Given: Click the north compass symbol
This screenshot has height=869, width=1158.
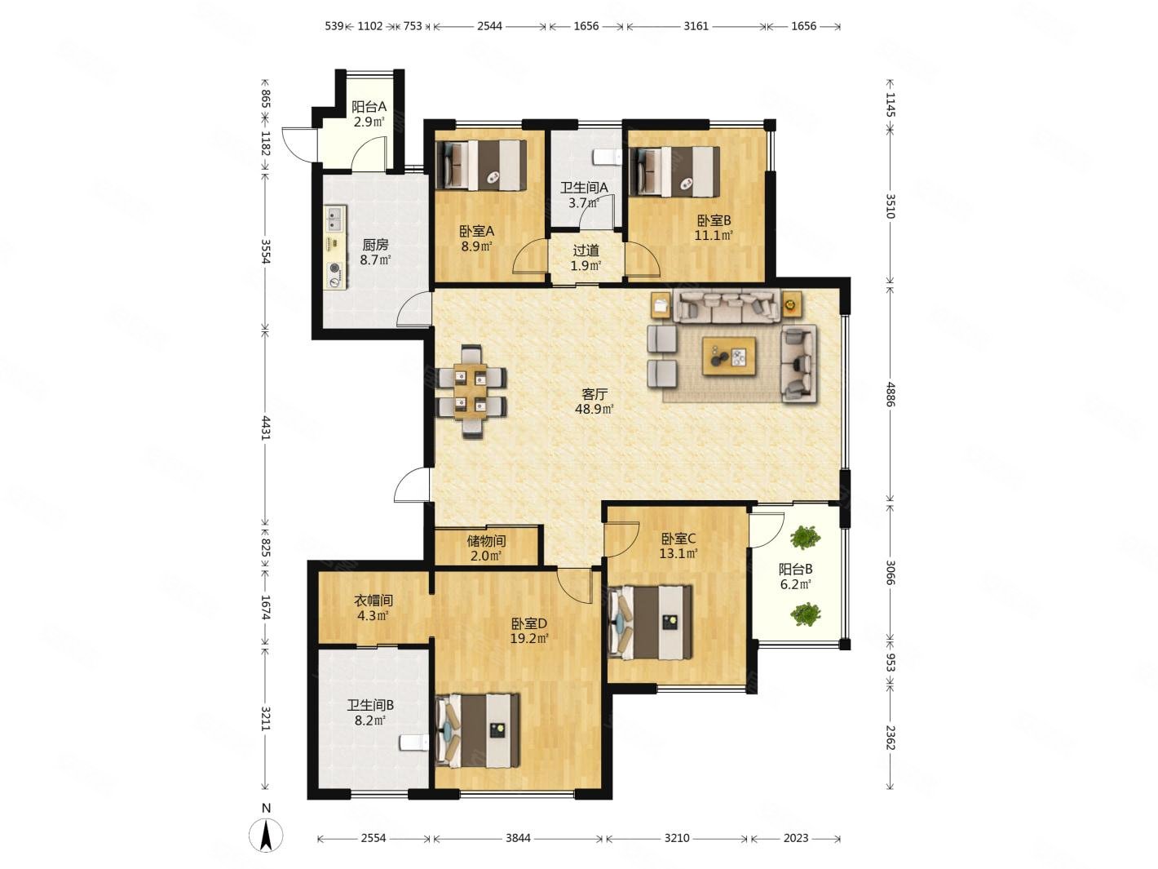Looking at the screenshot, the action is (265, 835).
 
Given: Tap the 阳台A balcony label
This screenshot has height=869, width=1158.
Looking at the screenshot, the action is (369, 107).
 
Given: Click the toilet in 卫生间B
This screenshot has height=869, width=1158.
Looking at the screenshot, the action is (415, 743).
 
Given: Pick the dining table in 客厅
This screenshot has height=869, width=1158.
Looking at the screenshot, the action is (471, 391).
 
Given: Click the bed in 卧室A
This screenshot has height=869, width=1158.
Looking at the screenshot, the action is (480, 165).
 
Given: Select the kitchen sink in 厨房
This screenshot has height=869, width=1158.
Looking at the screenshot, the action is (335, 219).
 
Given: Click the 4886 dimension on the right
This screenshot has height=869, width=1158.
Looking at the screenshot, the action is (890, 394).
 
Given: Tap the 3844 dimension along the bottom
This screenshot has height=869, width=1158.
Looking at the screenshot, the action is (518, 838).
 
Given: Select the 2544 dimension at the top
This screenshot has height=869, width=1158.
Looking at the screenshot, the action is (489, 26).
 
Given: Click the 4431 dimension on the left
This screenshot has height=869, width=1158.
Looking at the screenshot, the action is (266, 428).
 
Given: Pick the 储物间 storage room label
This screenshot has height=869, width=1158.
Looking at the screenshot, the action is (486, 541).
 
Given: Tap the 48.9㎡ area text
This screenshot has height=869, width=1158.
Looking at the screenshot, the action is (594, 409).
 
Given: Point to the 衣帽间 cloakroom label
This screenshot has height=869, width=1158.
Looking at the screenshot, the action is (373, 601).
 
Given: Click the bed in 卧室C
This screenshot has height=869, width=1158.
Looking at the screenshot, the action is (650, 622).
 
